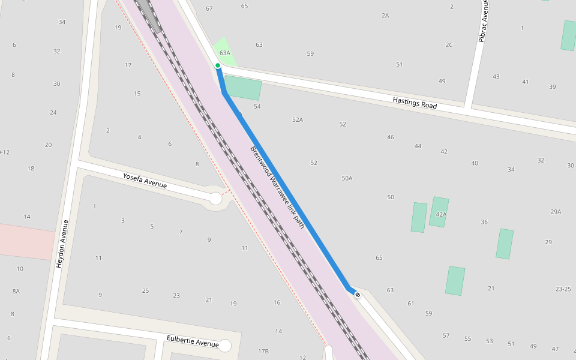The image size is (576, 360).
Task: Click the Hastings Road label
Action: [415, 103]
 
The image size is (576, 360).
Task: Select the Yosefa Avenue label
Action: [145, 181]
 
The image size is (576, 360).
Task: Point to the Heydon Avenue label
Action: [62, 244]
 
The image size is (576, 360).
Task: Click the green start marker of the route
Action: [218, 65]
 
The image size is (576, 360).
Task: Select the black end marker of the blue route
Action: [358, 295]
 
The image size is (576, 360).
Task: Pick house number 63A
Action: [225, 53]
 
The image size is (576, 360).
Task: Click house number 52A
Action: [298, 119]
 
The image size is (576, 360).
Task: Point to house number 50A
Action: [347, 178]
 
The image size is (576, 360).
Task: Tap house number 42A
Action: [441, 214]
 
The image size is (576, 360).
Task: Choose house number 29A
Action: [556, 211]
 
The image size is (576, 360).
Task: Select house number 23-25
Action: [563, 289]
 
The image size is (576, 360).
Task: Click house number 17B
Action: [263, 350]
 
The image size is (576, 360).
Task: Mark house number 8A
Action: [16, 291]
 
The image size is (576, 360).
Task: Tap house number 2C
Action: [449, 45]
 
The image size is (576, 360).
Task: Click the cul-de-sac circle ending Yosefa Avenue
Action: [215, 198]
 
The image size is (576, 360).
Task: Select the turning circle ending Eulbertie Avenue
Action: [225, 346]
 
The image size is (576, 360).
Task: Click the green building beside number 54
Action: [243, 88]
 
